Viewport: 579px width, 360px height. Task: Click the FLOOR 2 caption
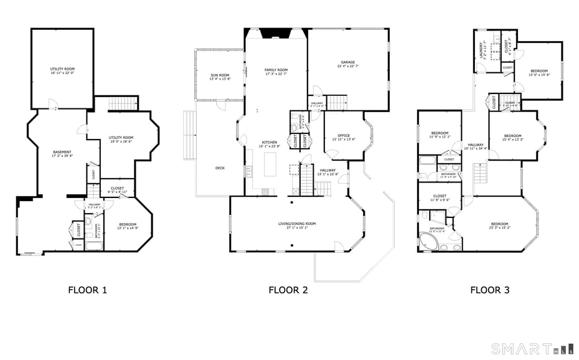pyautogui.click(x=288, y=290)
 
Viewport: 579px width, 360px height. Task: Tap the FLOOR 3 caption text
pyautogui.click(x=489, y=290)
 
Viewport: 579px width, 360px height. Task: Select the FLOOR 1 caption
pyautogui.click(x=88, y=290)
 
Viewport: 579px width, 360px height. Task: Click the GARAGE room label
pyautogui.click(x=347, y=63)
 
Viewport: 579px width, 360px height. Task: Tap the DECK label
pyautogui.click(x=220, y=168)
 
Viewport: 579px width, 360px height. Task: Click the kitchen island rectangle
pyautogui.click(x=270, y=163)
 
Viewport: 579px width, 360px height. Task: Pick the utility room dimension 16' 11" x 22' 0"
pyautogui.click(x=62, y=73)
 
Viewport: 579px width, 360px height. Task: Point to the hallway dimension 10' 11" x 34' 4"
pyautogui.click(x=476, y=148)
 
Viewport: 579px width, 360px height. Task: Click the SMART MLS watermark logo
pyautogui.click(x=529, y=348)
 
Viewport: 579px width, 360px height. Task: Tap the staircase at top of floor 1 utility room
pyautogui.click(x=122, y=104)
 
